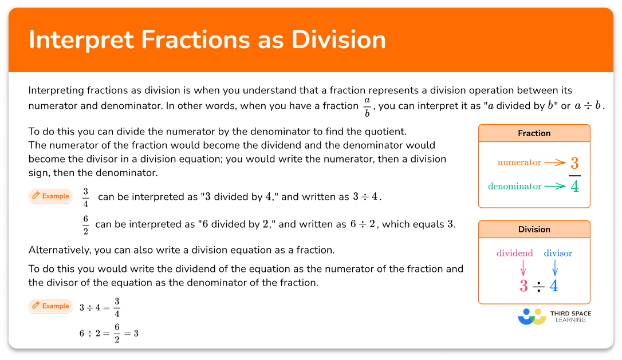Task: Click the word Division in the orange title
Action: click(338, 39)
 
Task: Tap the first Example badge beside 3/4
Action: click(50, 196)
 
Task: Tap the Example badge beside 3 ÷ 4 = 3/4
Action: click(50, 306)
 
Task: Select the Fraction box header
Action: click(534, 133)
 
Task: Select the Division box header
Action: click(534, 230)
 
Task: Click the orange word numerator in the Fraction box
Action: click(519, 163)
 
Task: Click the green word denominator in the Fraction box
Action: click(514, 186)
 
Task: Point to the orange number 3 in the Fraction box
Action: click(574, 163)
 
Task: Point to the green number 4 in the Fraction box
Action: click(574, 187)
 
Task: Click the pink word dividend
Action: click(515, 253)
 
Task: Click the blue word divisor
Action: click(558, 253)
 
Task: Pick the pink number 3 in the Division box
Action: click(523, 286)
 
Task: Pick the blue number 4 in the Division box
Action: click(554, 286)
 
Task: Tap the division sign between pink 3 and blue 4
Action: click(538, 287)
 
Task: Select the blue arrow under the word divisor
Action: click(554, 267)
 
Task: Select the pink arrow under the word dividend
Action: click(523, 267)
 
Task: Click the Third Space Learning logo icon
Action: click(532, 317)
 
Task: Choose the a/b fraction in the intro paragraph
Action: click(367, 106)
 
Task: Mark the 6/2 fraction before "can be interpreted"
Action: click(85, 224)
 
